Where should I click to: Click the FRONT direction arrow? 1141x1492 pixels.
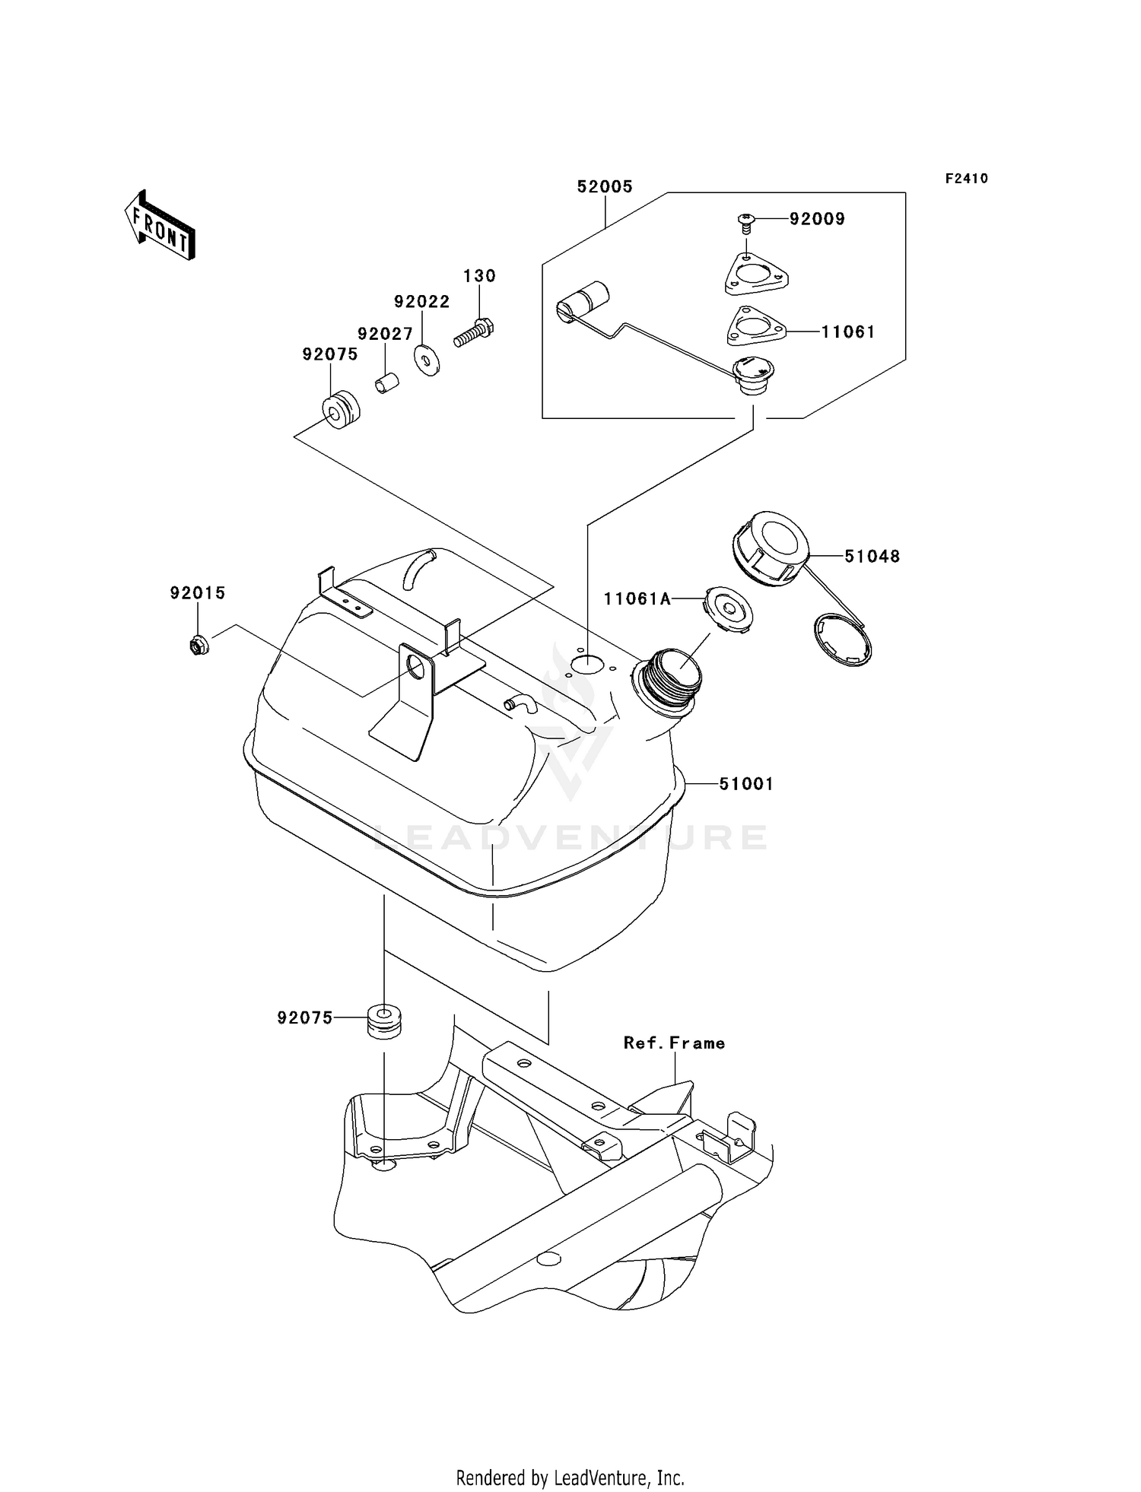pos(161,226)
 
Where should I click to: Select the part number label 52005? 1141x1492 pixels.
pos(605,186)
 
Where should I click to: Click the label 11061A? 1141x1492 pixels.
pos(637,599)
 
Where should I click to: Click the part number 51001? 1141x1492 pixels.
pos(746,783)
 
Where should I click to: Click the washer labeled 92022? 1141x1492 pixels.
pos(426,360)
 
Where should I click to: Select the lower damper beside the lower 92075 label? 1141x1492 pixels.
pos(384,1021)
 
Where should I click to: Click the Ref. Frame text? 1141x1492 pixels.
pos(674,1043)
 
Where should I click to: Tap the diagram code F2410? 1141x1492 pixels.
pos(966,179)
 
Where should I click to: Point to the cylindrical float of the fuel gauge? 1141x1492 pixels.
pos(584,301)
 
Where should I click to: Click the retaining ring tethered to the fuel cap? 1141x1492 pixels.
pos(843,641)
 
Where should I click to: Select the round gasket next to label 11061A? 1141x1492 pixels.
pos(728,609)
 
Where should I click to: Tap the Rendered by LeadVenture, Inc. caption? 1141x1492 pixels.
pos(570,1478)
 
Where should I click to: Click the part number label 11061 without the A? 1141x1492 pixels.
pos(847,332)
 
